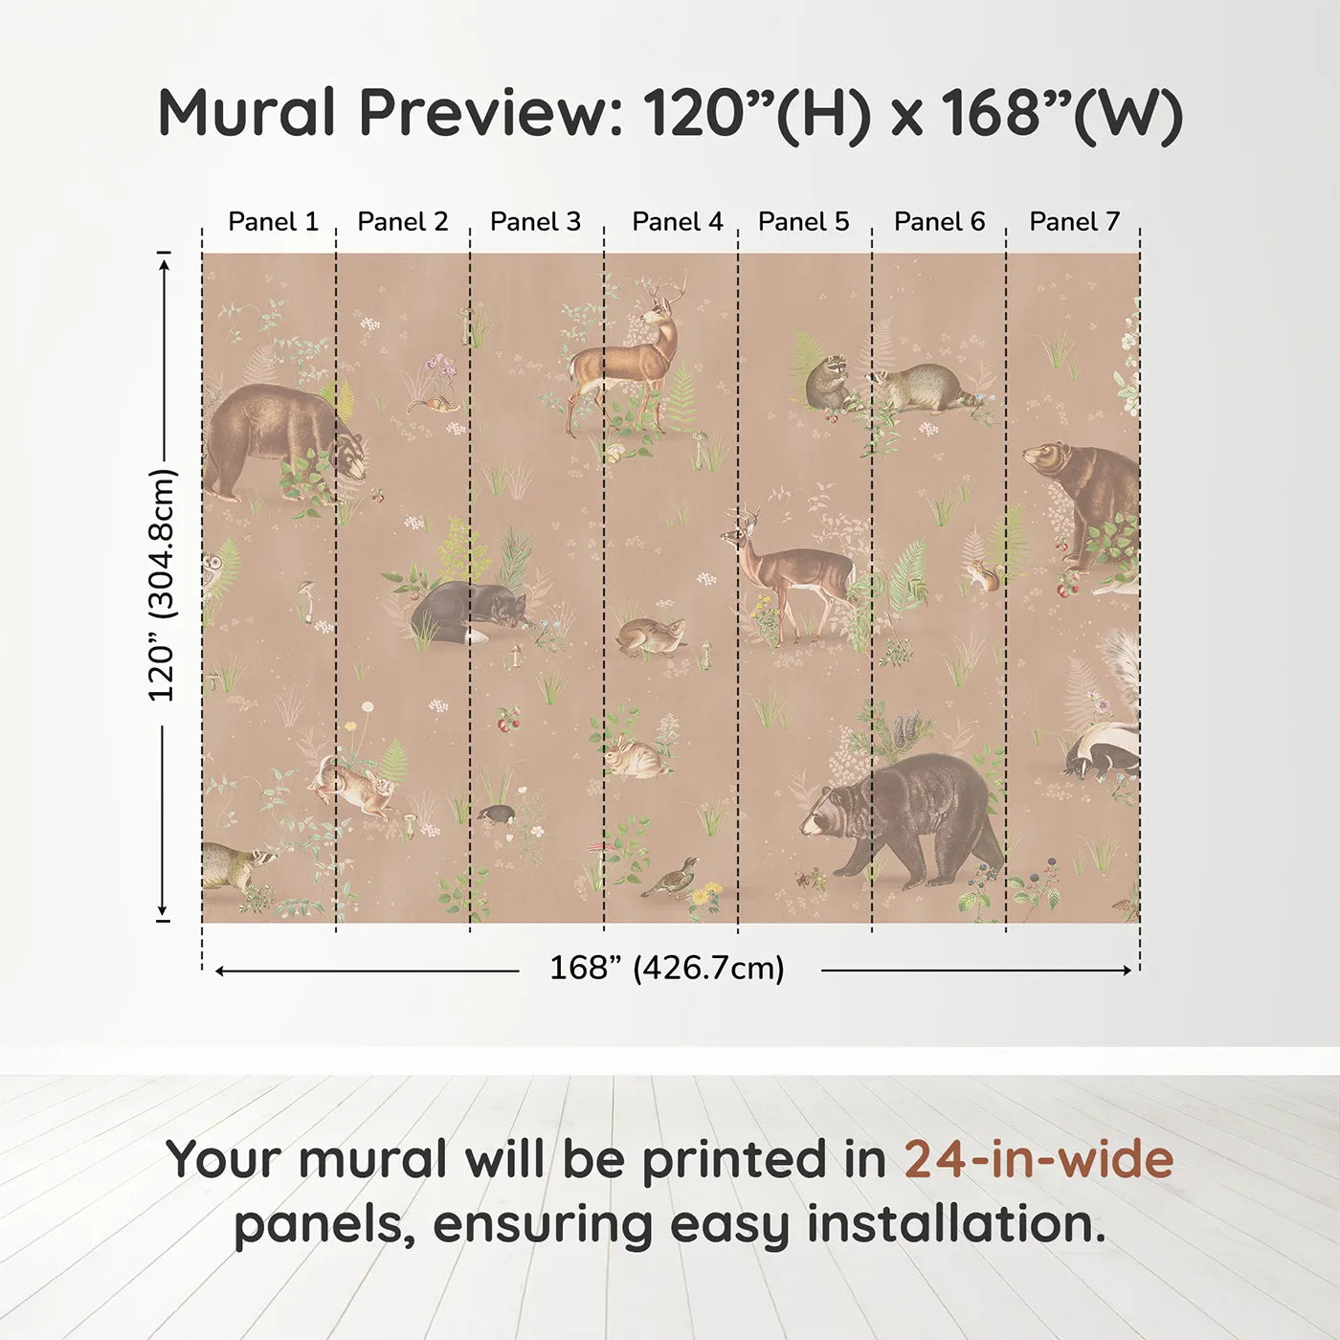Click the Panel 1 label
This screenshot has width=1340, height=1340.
point(273,222)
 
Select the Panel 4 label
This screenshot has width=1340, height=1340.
point(677,222)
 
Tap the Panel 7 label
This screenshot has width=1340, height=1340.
point(1074,222)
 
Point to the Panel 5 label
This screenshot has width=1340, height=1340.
point(803,222)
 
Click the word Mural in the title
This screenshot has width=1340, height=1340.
point(246,113)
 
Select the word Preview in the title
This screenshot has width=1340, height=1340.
point(484,113)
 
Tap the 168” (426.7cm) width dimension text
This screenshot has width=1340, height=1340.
point(666,969)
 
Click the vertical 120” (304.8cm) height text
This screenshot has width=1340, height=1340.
point(162,585)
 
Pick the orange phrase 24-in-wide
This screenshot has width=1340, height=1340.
point(1038,1159)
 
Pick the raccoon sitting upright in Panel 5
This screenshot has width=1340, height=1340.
point(824,382)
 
